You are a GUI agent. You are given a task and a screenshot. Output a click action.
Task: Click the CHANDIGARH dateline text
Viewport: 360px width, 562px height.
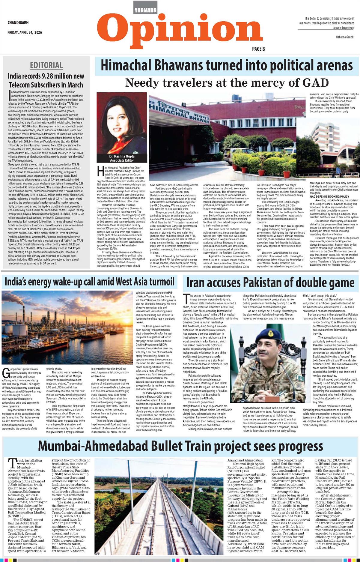tap(18, 23)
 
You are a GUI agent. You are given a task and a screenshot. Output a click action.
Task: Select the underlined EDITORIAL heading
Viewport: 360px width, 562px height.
tap(46, 65)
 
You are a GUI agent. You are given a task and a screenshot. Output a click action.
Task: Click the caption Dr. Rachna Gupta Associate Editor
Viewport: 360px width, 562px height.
tap(122, 158)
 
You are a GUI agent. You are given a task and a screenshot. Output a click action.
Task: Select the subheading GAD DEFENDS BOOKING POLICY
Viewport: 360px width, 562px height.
tap(329, 196)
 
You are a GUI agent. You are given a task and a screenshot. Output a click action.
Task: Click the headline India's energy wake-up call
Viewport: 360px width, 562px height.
tap(89, 282)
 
